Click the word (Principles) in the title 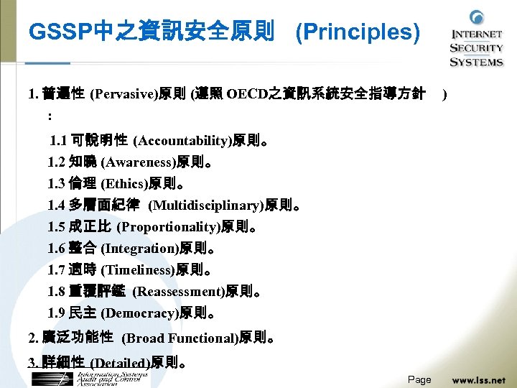(x=358, y=32)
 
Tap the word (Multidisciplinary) (x=205, y=205)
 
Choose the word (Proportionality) (x=167, y=227)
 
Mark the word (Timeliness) (x=138, y=270)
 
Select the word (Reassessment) (x=179, y=292)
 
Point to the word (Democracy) (x=139, y=313)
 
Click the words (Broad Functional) (x=180, y=338)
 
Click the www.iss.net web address (x=478, y=379)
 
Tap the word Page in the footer (x=419, y=379)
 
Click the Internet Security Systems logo (x=476, y=40)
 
